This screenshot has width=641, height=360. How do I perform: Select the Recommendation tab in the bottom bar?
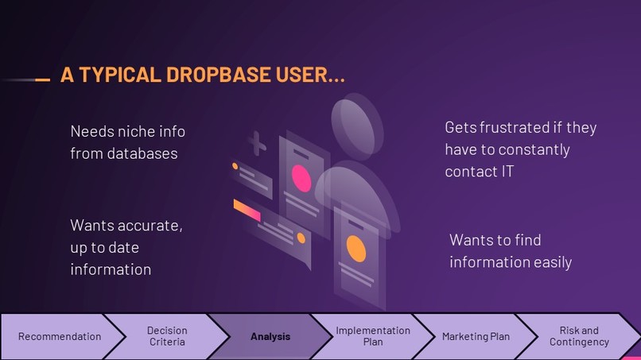60,336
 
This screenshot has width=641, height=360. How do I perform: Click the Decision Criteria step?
167,336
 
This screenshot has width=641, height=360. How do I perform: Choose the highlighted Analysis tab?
270,336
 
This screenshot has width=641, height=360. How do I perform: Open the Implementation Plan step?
373,336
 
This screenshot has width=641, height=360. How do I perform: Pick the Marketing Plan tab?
476,336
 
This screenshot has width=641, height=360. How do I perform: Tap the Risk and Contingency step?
579,336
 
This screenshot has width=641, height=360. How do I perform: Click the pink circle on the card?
301,176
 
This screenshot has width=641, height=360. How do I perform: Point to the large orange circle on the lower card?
356,250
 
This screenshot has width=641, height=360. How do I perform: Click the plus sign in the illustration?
256,144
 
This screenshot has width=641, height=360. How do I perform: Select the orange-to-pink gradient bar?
247,211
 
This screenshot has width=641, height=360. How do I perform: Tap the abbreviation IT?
505,172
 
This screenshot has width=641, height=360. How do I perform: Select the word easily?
548,261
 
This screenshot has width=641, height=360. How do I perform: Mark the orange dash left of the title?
42,79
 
